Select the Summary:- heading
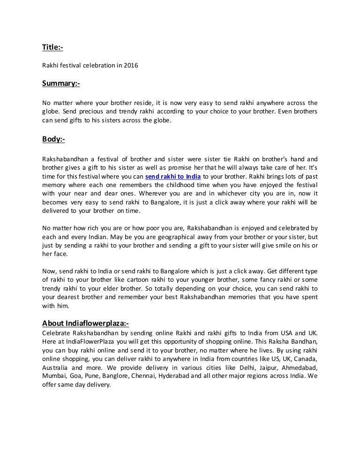[x=61, y=83]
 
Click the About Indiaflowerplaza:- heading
[x=85, y=323]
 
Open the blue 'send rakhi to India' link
[x=173, y=176]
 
